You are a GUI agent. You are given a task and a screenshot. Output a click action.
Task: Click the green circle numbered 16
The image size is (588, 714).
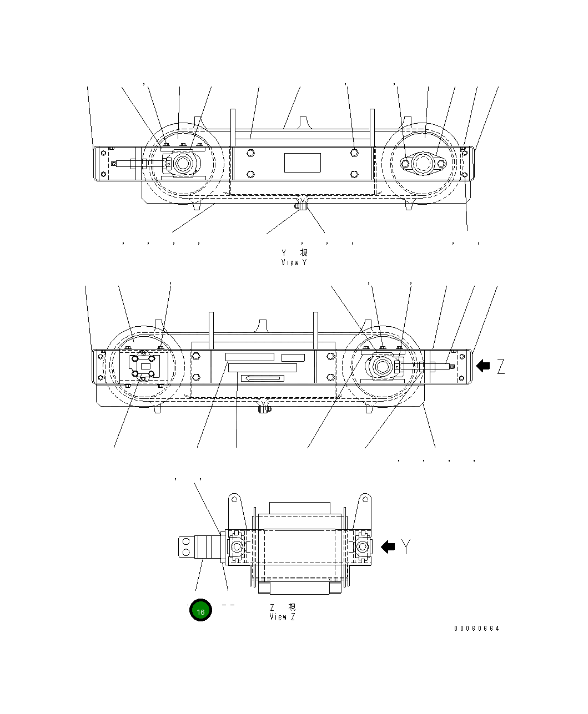(200, 611)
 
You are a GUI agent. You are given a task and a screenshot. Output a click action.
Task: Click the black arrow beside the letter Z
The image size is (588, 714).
(483, 365)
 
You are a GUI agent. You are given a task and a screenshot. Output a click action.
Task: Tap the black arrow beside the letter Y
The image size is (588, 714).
(388, 546)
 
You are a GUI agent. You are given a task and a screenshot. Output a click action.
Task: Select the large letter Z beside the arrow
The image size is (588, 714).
(501, 366)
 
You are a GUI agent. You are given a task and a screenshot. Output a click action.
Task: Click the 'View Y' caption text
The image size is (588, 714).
(294, 262)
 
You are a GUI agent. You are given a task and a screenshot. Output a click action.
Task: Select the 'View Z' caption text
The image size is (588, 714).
(282, 616)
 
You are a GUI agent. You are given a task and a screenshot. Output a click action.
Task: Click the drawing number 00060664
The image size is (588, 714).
(476, 629)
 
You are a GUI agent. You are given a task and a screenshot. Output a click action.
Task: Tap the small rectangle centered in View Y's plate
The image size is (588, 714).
(303, 163)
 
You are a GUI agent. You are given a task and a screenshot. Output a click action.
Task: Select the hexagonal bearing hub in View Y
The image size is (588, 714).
(182, 164)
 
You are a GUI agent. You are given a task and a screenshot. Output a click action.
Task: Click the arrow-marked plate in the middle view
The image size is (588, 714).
(262, 378)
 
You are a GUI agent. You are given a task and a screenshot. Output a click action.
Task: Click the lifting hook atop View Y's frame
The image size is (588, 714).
(303, 121)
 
